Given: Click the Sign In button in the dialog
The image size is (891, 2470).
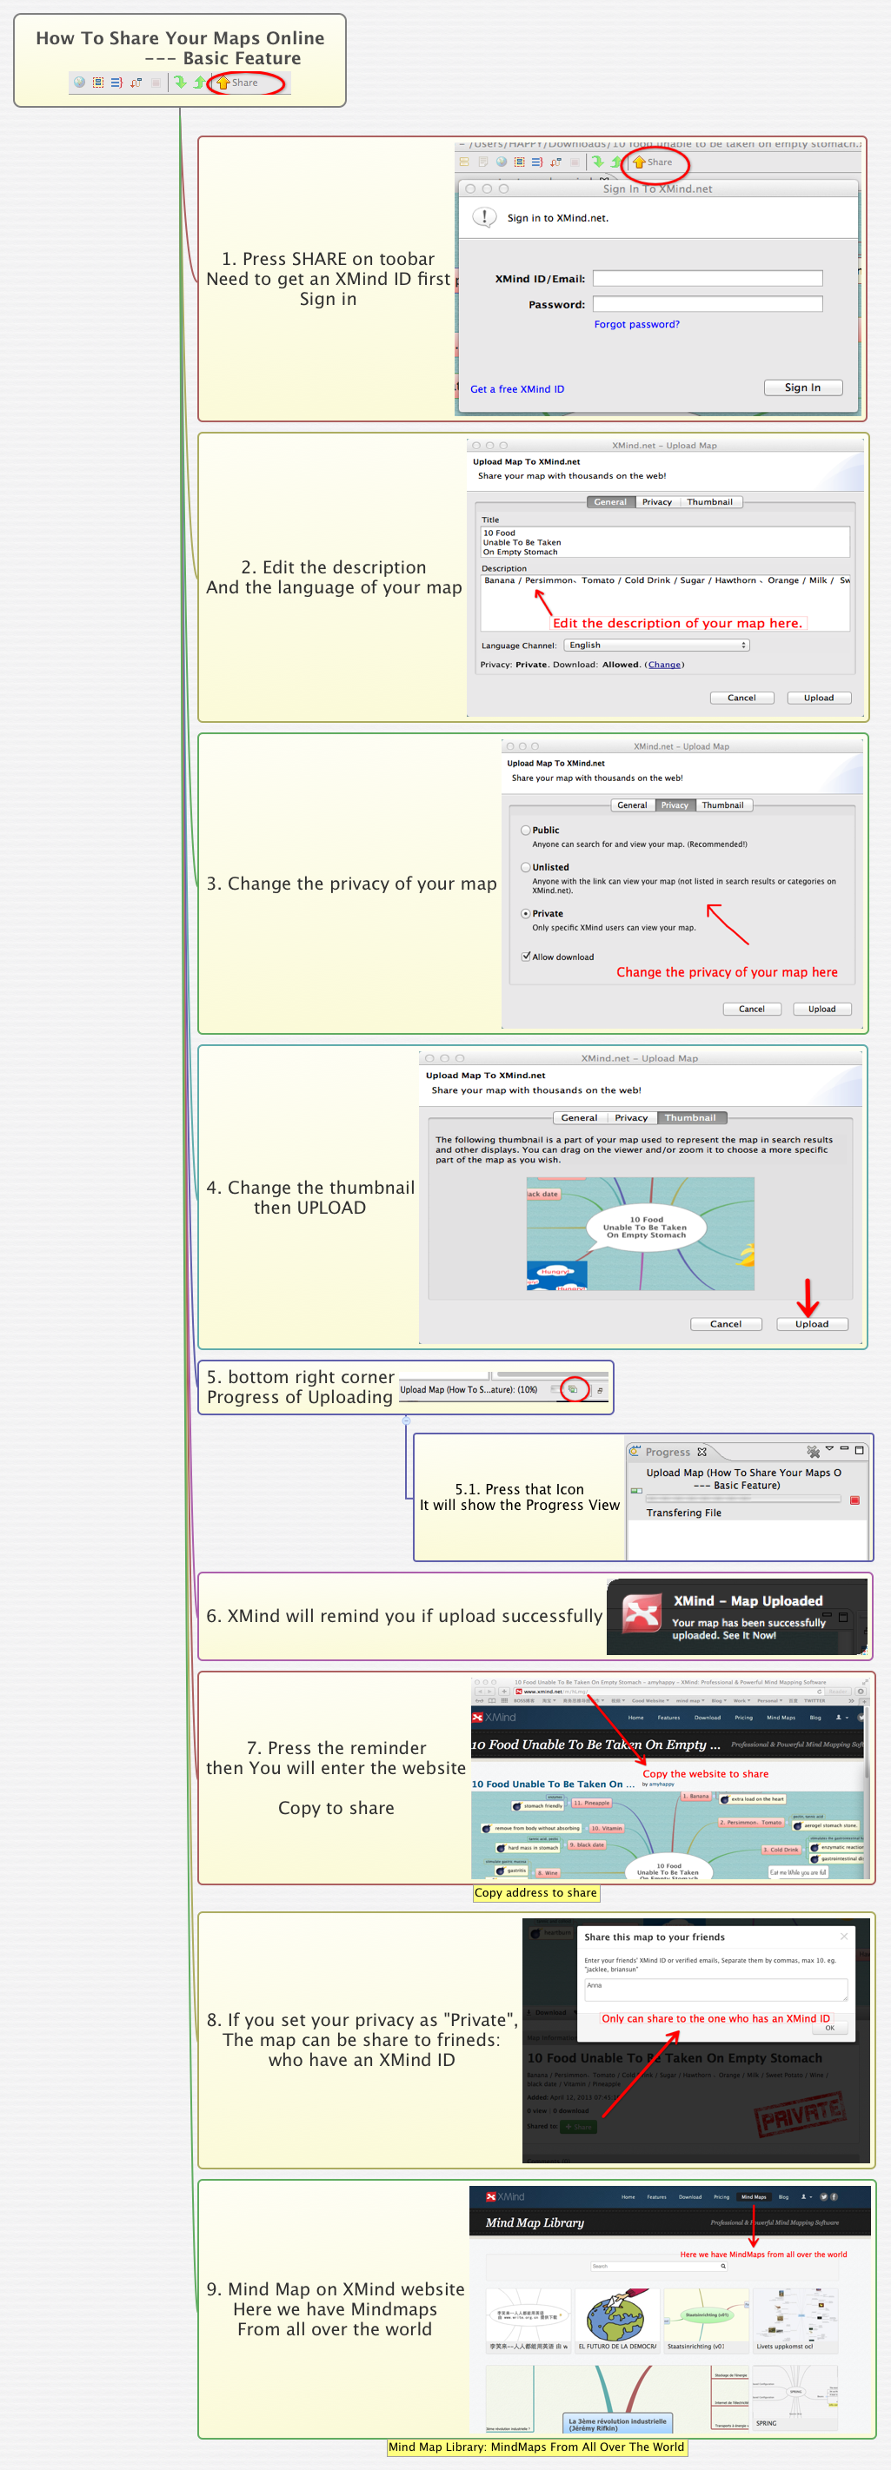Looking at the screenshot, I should click(802, 387).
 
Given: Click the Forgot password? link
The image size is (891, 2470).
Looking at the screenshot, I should click(636, 324).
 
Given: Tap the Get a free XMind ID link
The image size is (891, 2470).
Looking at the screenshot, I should click(517, 389).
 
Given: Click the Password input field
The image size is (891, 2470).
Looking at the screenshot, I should click(707, 304).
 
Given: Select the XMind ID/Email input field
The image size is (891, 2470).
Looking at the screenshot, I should click(707, 278).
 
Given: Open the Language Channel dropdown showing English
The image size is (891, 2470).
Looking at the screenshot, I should click(657, 646).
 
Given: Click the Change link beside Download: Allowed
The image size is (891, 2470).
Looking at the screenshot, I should click(664, 665).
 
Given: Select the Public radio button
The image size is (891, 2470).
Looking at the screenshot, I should click(526, 831).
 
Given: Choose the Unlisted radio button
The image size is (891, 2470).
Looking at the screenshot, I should click(526, 867).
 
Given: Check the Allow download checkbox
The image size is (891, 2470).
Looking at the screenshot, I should click(527, 956).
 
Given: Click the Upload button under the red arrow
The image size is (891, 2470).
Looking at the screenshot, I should click(811, 1324).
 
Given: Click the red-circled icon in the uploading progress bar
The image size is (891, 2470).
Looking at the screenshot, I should click(574, 1389).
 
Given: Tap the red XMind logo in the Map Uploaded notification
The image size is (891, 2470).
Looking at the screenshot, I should click(642, 1613).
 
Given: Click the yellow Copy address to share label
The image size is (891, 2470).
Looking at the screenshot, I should click(536, 1893).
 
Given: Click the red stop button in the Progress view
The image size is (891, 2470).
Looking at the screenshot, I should click(854, 1500).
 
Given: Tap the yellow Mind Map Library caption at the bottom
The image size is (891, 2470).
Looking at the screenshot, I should click(536, 2447).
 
